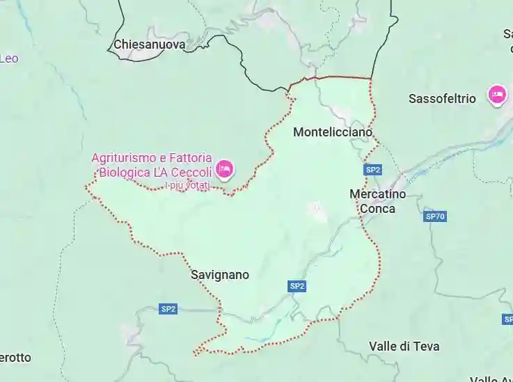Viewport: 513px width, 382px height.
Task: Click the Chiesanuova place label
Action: pyautogui.click(x=150, y=45)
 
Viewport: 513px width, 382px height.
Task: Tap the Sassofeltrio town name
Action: pyautogui.click(x=442, y=98)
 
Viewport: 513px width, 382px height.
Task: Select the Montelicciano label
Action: pyautogui.click(x=333, y=132)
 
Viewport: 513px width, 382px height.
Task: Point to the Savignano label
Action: pyautogui.click(x=219, y=275)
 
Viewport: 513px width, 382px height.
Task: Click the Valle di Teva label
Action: pyautogui.click(x=404, y=346)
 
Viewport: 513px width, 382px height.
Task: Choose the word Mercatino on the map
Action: pyautogui.click(x=377, y=194)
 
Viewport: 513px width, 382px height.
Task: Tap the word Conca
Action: pyautogui.click(x=377, y=208)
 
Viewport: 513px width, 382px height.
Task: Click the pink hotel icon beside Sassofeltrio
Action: pyautogui.click(x=497, y=94)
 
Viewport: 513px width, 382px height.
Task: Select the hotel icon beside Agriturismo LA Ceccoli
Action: pyautogui.click(x=224, y=168)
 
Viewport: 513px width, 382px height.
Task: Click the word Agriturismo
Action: pyautogui.click(x=123, y=158)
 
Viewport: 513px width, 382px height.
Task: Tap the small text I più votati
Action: pyautogui.click(x=187, y=186)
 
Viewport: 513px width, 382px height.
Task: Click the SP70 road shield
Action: pyautogui.click(x=435, y=217)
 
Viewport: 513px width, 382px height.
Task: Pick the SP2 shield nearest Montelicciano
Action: pyautogui.click(x=373, y=170)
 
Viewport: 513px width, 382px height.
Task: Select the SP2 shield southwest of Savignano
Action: pyautogui.click(x=168, y=309)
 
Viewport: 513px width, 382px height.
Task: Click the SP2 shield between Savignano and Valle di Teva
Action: pyautogui.click(x=297, y=286)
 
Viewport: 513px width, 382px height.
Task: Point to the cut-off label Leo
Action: pyautogui.click(x=9, y=58)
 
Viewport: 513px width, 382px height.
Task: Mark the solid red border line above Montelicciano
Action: pyautogui.click(x=334, y=78)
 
